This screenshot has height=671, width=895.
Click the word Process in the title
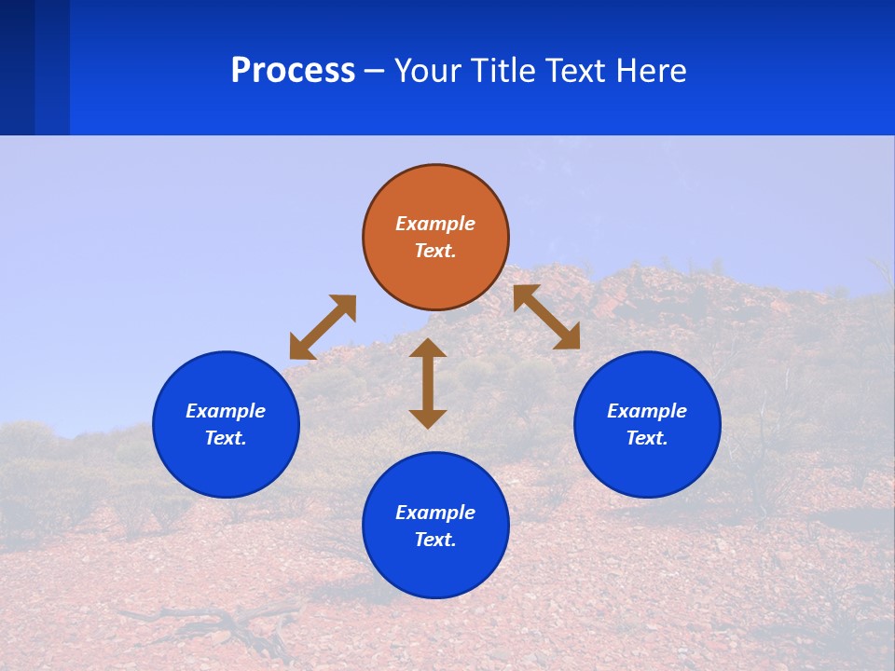(x=293, y=71)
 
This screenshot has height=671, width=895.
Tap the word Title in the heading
(x=507, y=71)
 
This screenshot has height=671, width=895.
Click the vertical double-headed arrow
(x=428, y=384)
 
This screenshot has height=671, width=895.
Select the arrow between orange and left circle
(x=323, y=327)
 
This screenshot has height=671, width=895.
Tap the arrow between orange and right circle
(x=546, y=317)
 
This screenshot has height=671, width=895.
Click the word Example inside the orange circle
(x=435, y=224)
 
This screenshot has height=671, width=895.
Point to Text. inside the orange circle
(x=435, y=251)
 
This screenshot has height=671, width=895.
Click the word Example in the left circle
(x=226, y=411)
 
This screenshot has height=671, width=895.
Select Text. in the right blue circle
(x=647, y=438)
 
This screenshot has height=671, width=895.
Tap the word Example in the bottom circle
(x=435, y=513)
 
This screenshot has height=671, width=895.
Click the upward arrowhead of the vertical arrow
(x=428, y=349)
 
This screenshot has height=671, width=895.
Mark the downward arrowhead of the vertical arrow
(x=428, y=418)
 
